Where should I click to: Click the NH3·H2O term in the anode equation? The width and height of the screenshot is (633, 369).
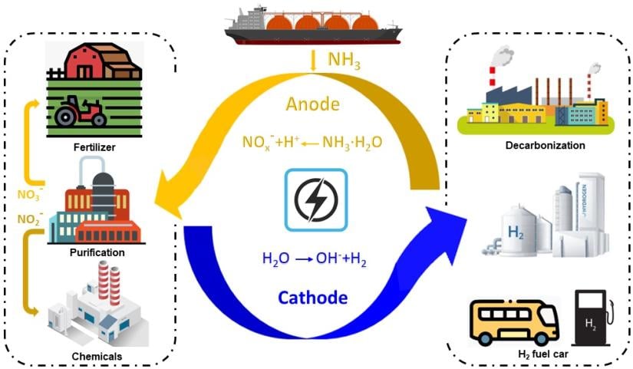[x=351, y=142]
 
